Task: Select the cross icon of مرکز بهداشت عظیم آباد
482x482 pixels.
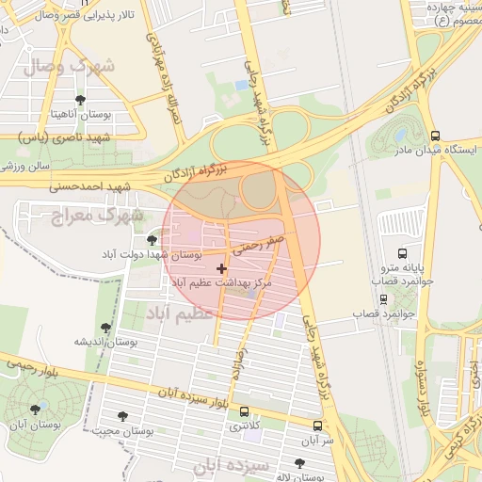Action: coord(221,269)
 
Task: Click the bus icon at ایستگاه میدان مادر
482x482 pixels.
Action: coord(435,136)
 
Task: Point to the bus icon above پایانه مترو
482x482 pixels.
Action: coord(403,253)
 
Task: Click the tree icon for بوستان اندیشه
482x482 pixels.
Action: coord(105,329)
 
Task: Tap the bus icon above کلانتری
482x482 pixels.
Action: coord(245,411)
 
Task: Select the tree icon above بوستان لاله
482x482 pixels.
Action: coord(299,463)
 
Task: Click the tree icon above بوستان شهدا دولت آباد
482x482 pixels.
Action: coord(152,241)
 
